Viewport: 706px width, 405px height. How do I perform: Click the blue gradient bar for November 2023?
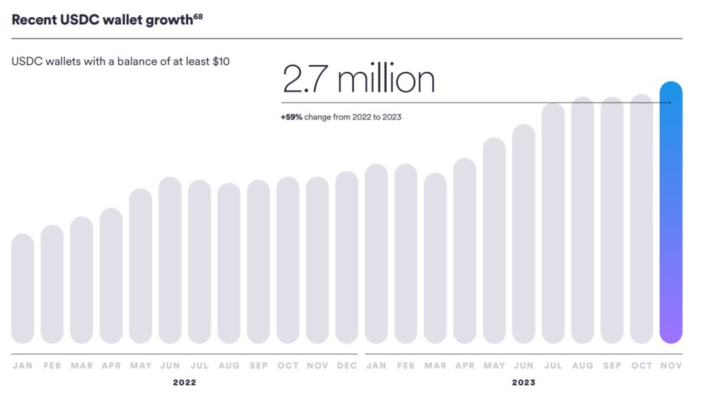[671, 214]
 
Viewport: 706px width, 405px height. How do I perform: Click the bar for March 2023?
[435, 258]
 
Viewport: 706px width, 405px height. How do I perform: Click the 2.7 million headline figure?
[359, 80]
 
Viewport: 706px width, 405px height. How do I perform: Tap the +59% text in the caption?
[291, 117]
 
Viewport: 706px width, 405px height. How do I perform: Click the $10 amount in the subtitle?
[221, 61]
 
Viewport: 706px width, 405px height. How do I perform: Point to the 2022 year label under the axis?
[185, 382]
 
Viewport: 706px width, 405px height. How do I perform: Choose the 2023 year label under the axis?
[524, 382]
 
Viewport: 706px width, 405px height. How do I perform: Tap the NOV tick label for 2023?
[671, 366]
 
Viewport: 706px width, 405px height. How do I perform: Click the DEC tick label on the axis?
[347, 366]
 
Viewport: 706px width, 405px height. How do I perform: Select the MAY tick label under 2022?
[141, 366]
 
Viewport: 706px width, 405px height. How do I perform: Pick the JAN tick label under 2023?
[376, 366]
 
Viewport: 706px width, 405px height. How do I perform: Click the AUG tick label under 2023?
[583, 366]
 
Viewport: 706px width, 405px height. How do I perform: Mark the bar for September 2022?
[259, 261]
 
